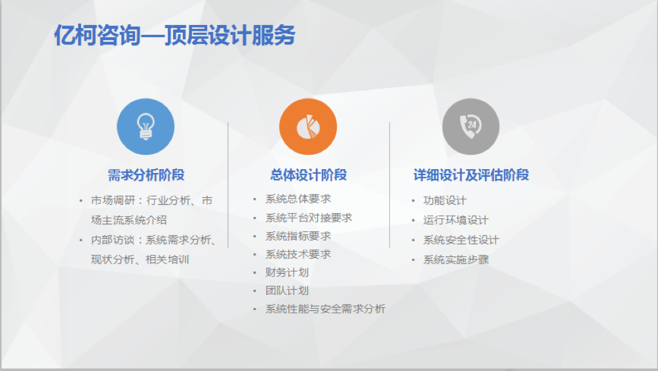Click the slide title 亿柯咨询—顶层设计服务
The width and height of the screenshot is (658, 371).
coord(174,35)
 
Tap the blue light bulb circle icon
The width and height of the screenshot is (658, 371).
coord(145,127)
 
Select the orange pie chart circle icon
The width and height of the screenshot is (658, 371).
coord(308,127)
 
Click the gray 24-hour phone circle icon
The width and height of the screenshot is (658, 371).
coord(471,127)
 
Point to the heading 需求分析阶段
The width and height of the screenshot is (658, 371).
coord(146,175)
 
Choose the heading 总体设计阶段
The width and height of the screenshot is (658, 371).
coord(309,175)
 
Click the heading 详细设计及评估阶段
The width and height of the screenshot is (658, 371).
coord(471,175)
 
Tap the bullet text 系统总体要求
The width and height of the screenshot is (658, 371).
coord(298,199)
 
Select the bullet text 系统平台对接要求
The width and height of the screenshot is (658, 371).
coord(309,218)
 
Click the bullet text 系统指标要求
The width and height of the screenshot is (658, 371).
coord(298,236)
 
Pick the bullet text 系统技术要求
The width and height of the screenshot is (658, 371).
coord(298,254)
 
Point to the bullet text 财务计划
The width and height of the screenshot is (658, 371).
coord(287,273)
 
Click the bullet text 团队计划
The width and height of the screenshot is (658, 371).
coord(287,291)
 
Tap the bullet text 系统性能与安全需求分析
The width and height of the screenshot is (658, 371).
coord(325,309)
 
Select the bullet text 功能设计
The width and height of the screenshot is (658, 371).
coord(445,201)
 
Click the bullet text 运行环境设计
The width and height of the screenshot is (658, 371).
coord(455,220)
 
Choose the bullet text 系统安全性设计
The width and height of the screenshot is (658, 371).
coord(461,240)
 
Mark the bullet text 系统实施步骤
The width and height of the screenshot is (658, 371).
coord(455,260)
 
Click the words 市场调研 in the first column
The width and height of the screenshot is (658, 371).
coord(113,201)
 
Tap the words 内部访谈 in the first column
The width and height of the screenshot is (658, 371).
coord(113,240)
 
